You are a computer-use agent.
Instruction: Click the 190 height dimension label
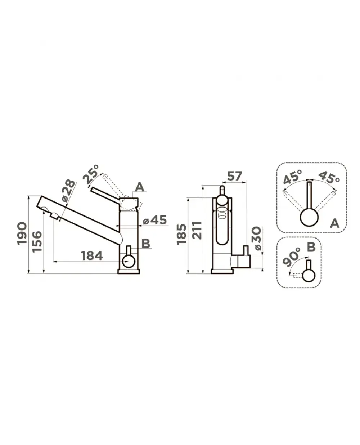coord(22,233)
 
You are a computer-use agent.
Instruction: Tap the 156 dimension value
coord(37,241)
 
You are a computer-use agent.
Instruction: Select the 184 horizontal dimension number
coord(92,255)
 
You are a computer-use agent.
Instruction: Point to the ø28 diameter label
coord(68,190)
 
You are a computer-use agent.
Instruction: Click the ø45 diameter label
coord(155,220)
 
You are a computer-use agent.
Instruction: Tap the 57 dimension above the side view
coord(234,176)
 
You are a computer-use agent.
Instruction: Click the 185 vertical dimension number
coord(181,234)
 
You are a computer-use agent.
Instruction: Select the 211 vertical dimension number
coord(197,231)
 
